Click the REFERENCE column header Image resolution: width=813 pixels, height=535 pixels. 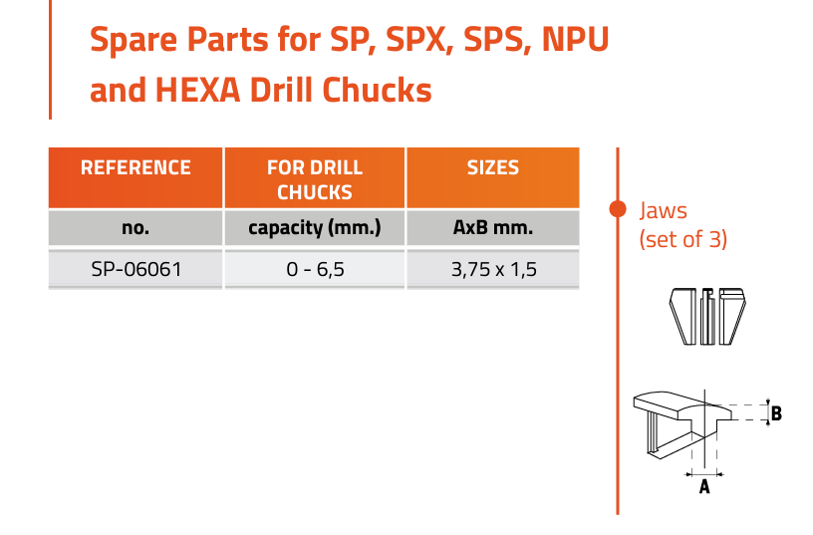pos(135,177)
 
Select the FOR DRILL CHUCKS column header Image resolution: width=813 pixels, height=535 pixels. pos(314,177)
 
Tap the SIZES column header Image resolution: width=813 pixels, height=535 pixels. pos(492,177)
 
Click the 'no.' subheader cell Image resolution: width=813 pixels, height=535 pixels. pos(135,227)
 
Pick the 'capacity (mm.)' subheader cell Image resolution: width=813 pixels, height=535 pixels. pos(314,227)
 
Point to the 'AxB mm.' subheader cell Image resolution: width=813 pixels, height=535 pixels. pos(492,227)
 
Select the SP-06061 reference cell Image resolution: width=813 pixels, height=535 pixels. pos(136,269)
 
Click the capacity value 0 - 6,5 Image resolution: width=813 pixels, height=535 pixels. pos(315,270)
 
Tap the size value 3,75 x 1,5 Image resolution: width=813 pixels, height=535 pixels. pos(493,270)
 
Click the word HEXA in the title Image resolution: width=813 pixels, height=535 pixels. pos(197,90)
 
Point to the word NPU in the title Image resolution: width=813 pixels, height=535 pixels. pos(575,40)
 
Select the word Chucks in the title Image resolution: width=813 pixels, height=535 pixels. pos(377,90)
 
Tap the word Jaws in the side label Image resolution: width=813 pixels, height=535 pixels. pos(663,211)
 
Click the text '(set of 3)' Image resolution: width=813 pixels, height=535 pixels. pos(682,239)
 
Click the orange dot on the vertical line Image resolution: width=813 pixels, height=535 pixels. pos(618,208)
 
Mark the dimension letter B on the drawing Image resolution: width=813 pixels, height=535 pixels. pos(776,413)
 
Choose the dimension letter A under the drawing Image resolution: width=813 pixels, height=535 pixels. pos(704,486)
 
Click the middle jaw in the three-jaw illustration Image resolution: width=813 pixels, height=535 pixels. pos(707,316)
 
